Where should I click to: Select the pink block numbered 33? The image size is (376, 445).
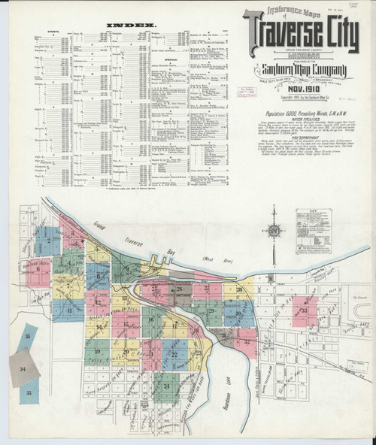point(304,310)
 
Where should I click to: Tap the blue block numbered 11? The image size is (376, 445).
point(68,310)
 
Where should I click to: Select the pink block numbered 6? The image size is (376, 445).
point(38,271)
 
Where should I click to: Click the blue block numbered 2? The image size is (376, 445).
point(47,241)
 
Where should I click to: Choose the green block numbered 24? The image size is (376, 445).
point(166,386)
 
